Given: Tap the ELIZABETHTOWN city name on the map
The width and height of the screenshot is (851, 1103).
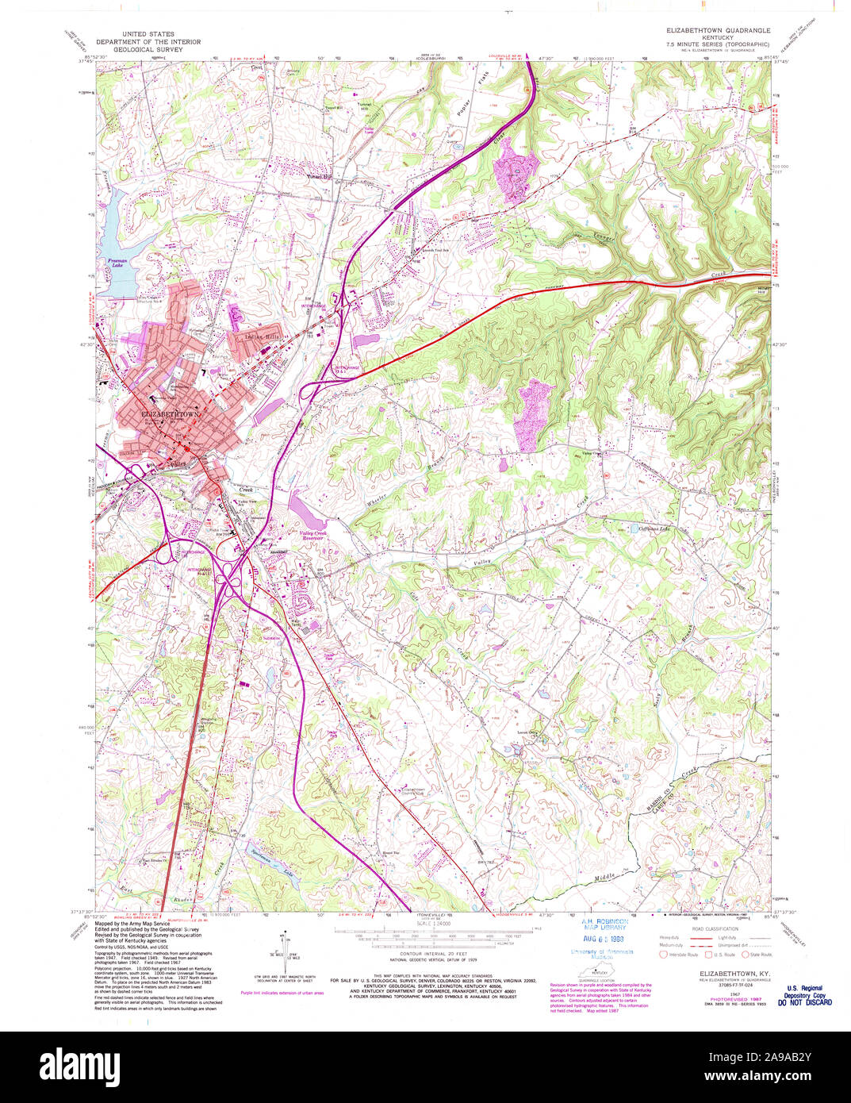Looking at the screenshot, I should point(170,415).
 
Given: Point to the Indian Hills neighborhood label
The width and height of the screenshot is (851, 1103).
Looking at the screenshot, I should point(263,336).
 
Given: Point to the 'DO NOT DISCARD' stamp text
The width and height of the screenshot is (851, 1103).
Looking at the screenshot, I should point(804,1002).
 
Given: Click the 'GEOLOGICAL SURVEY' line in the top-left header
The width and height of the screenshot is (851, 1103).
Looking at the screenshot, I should point(148,49).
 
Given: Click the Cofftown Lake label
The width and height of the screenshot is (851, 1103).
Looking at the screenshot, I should point(655,528).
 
